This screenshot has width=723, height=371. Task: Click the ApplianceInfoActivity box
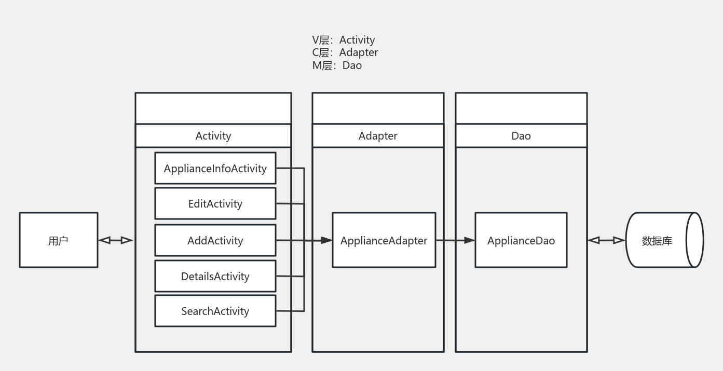[x=215, y=168]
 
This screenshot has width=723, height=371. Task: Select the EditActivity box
[x=215, y=203]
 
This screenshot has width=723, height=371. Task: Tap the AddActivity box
[x=215, y=240]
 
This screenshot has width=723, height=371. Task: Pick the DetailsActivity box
[x=215, y=276]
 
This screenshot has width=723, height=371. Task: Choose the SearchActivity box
[x=215, y=311]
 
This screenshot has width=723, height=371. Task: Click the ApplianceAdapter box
[x=384, y=240]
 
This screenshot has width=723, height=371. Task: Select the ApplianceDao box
[x=521, y=240]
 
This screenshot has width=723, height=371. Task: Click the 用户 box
[x=58, y=240]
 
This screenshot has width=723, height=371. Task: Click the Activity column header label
[x=213, y=136]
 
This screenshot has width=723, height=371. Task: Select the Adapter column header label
[x=378, y=136]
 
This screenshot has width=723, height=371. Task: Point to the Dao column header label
[x=521, y=136]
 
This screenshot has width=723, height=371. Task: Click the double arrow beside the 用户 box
[x=116, y=240]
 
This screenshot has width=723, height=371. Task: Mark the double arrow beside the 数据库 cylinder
[x=606, y=240]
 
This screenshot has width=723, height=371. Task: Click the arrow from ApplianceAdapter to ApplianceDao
[x=455, y=240]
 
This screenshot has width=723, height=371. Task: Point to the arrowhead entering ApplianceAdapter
[x=326, y=240]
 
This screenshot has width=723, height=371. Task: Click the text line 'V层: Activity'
[x=343, y=40]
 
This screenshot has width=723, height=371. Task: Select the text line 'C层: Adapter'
[x=345, y=52]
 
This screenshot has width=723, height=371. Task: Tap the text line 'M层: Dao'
[x=337, y=65]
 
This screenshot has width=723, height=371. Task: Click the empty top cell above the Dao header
[x=521, y=108]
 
